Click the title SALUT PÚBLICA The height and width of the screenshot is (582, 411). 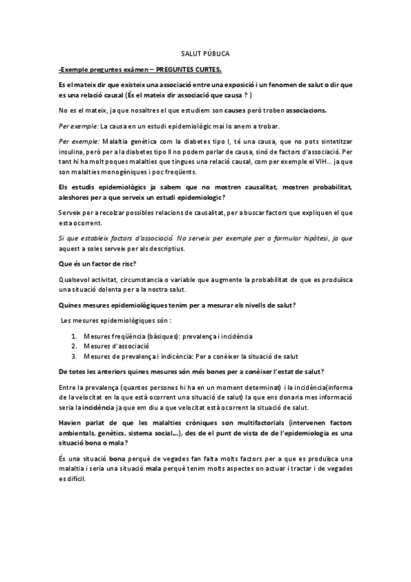[205, 53]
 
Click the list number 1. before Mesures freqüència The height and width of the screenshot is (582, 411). [74, 337]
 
